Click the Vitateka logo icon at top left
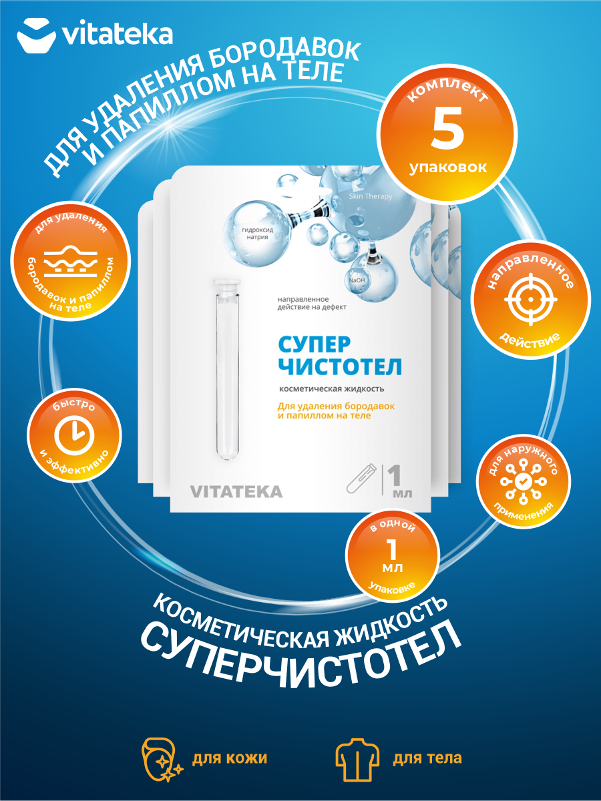(36, 35)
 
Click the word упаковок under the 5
(448, 167)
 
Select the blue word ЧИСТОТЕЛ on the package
(339, 367)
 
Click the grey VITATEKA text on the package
(236, 492)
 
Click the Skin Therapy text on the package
(370, 196)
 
